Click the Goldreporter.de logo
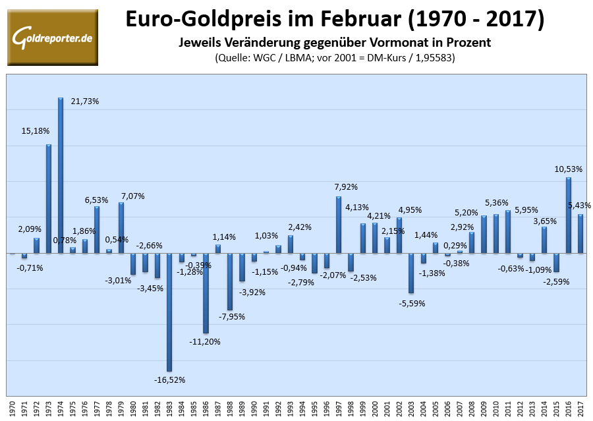52,37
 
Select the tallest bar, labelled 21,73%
61,175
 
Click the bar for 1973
49,198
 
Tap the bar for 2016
568,215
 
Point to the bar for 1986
206,293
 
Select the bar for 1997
339,225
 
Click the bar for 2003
411,273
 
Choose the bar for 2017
580,233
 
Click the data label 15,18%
36,130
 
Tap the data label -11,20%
205,341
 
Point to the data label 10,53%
567,169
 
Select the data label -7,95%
235,317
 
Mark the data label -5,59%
412,304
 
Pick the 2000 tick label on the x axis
375,407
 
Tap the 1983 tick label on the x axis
169,407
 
